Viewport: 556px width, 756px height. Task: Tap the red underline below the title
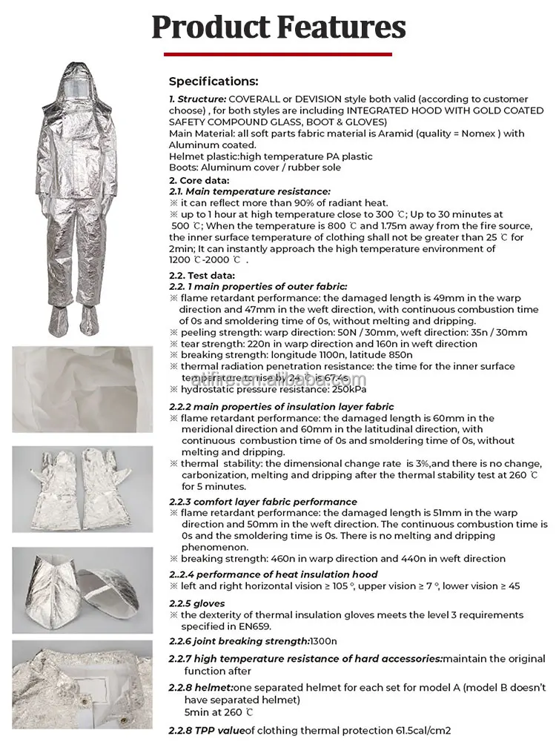click(x=278, y=53)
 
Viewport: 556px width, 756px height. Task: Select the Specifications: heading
click(x=214, y=82)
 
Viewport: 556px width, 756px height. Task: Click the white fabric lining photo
click(x=82, y=389)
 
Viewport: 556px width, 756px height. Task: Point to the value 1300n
click(x=323, y=641)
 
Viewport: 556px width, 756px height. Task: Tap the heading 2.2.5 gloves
click(x=196, y=603)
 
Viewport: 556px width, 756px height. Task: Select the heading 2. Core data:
click(x=199, y=180)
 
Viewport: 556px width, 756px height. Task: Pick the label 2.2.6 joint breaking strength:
click(x=239, y=641)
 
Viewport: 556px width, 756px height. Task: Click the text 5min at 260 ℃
click(x=219, y=712)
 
